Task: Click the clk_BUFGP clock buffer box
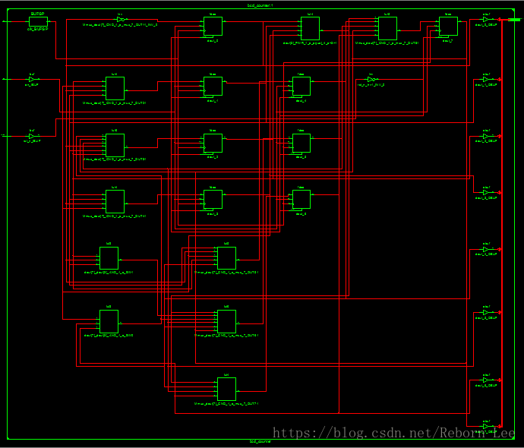[38, 22]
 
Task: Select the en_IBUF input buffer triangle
[31, 79]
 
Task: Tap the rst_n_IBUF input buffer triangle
[31, 136]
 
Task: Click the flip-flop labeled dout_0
[213, 27]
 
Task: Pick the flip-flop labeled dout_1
[213, 86]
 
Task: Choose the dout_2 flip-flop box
[213, 143]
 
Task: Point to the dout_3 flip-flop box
[213, 199]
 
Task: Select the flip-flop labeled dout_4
[301, 86]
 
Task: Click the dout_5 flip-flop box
[301, 143]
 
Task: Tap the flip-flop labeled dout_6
[301, 199]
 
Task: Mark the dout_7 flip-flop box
[448, 27]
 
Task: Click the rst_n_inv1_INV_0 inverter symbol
[371, 79]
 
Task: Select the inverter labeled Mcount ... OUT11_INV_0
[120, 19]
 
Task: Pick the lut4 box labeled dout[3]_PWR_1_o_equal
[310, 28]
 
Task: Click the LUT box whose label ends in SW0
[109, 258]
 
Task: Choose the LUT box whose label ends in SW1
[109, 320]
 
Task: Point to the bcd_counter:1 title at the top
[261, 5]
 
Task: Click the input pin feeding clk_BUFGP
[5, 22]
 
